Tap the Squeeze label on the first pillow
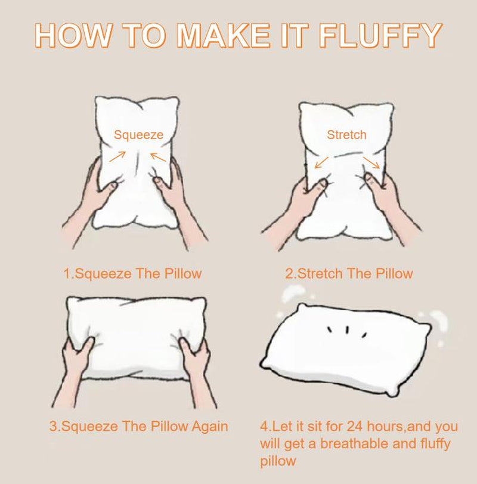[x=138, y=135]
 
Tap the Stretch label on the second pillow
[x=346, y=135]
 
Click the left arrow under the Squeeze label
[x=117, y=156]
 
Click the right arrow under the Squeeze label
[x=157, y=156]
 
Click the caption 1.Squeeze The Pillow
[x=132, y=274]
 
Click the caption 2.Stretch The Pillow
[x=349, y=274]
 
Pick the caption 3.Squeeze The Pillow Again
[x=138, y=426]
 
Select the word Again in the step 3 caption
[x=208, y=426]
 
